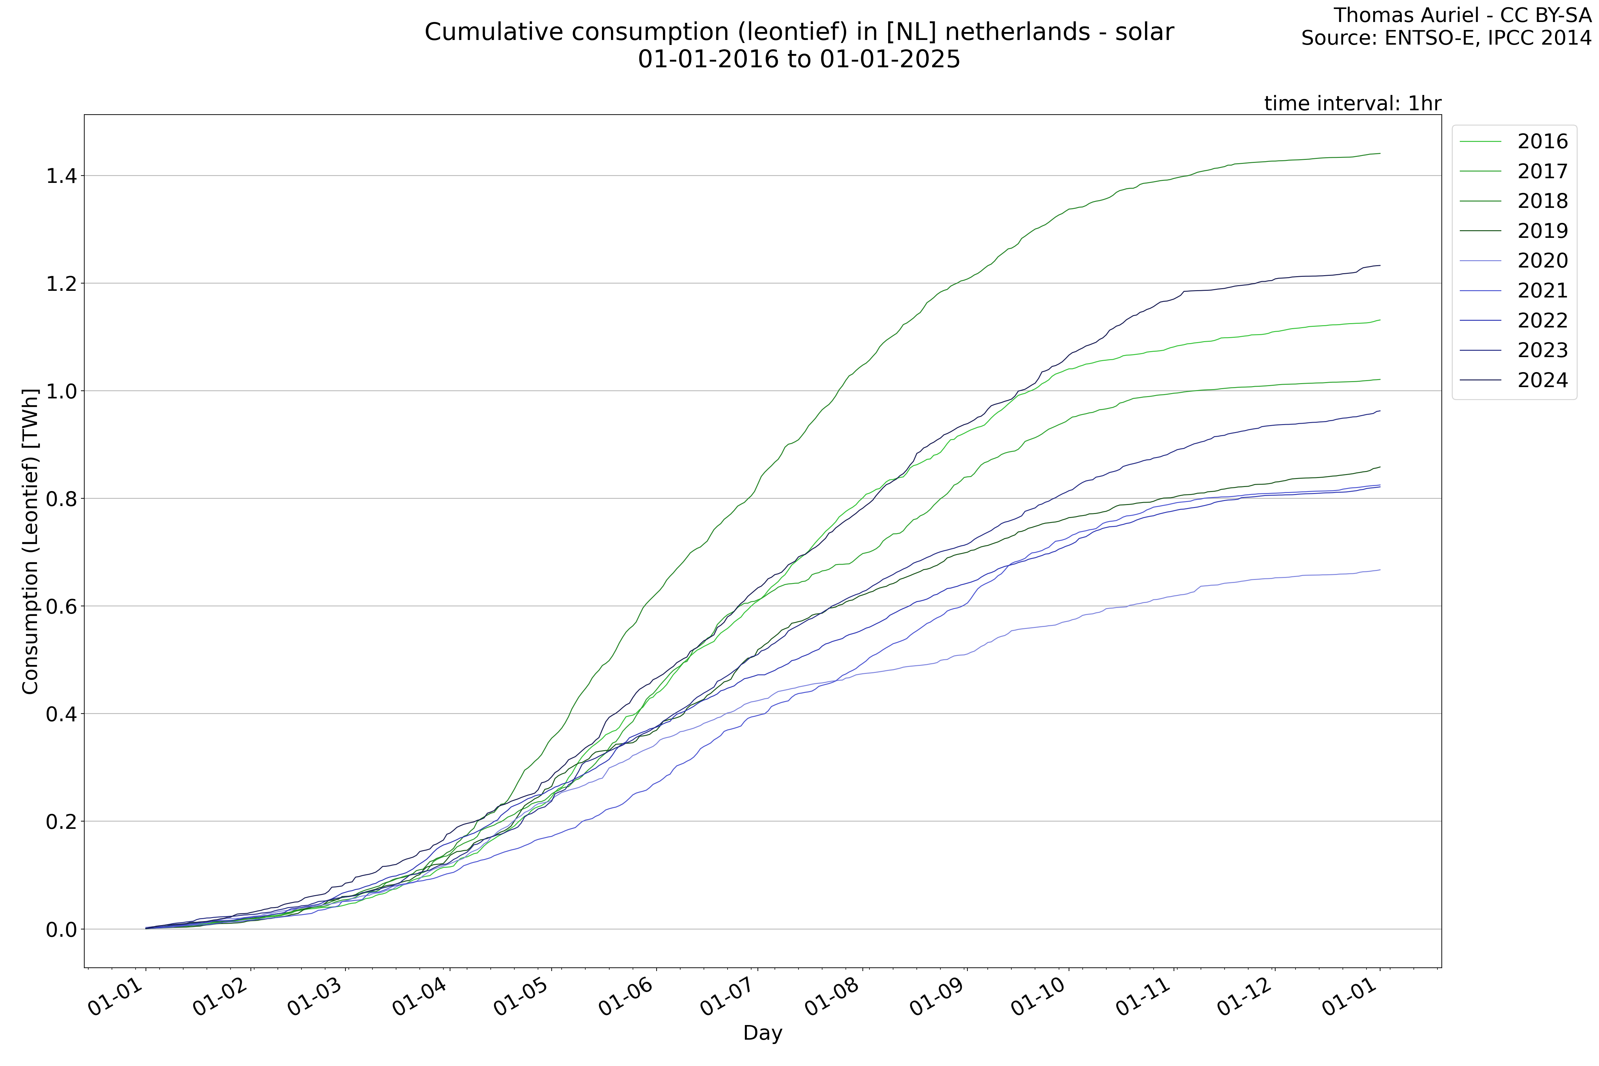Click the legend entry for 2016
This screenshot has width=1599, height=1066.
click(x=1542, y=141)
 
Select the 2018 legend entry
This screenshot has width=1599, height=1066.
click(x=1542, y=201)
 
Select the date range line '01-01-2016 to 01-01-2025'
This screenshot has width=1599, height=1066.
click(x=799, y=60)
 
